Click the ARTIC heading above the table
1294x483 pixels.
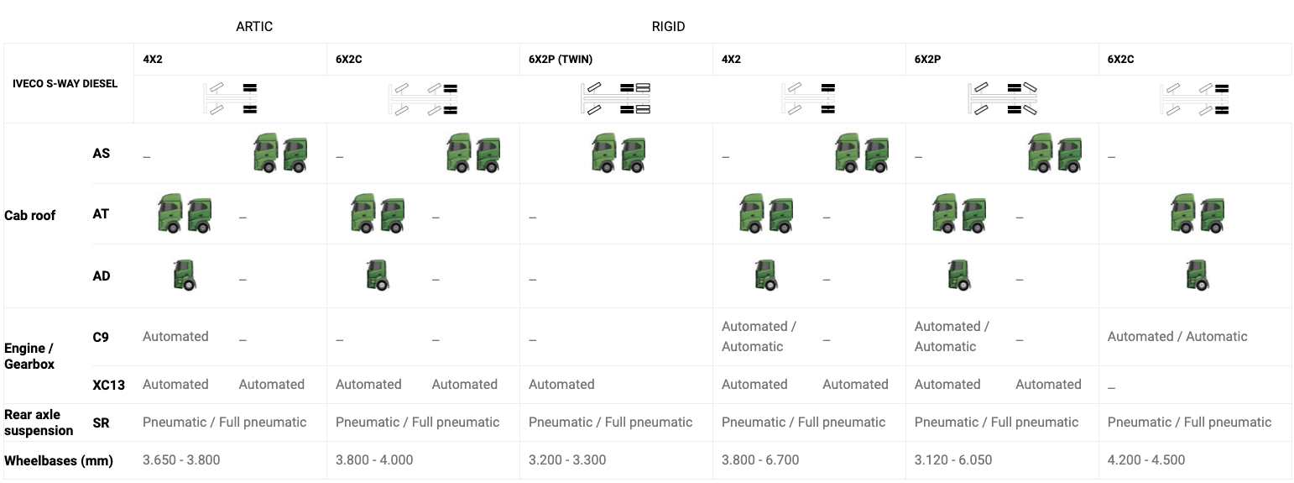click(x=254, y=26)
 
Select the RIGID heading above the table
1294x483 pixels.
click(x=668, y=26)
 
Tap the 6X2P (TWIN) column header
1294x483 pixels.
click(x=561, y=60)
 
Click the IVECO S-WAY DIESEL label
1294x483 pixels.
click(x=65, y=83)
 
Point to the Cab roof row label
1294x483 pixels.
click(x=30, y=215)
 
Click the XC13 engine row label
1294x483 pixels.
click(x=109, y=385)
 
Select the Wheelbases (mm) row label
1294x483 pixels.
click(x=59, y=460)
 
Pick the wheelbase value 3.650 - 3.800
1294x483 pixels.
click(x=181, y=460)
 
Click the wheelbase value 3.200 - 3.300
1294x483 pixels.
click(x=567, y=460)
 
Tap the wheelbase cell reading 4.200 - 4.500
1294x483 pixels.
click(x=1146, y=460)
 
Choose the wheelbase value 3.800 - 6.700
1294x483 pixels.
click(x=760, y=460)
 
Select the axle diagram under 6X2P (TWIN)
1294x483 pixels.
click(x=616, y=98)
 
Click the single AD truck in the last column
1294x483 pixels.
click(x=1197, y=276)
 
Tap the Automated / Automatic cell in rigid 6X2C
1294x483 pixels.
click(x=1177, y=337)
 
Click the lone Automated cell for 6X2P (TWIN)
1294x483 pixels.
click(x=561, y=385)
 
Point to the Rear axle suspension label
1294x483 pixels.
click(x=39, y=423)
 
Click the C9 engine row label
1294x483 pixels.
click(x=101, y=337)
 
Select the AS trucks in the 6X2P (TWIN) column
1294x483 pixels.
click(x=619, y=154)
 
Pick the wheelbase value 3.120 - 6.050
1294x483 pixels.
click(x=953, y=460)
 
